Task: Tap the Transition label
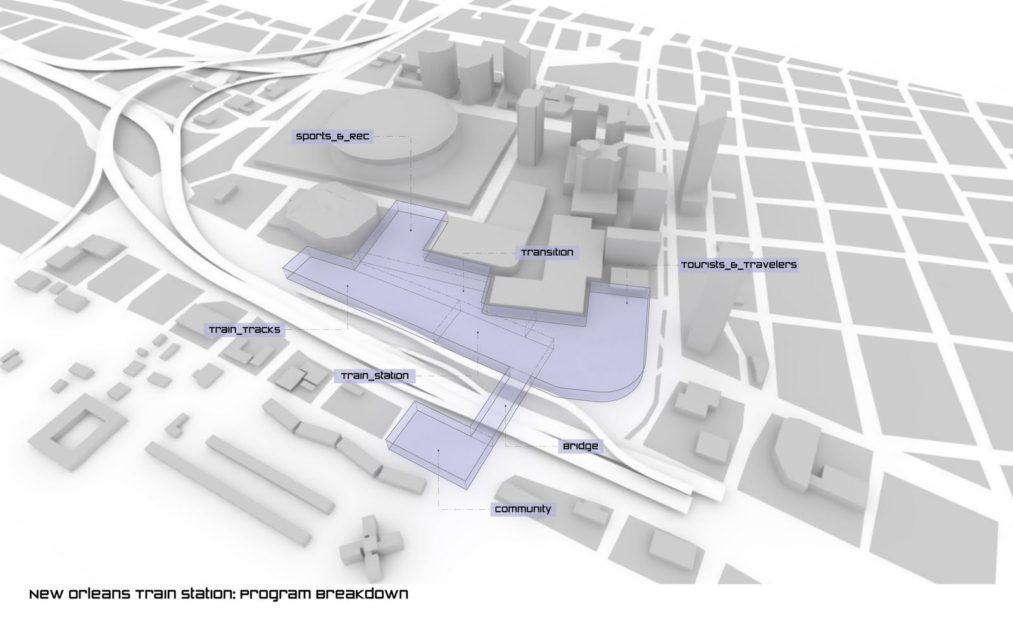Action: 546,253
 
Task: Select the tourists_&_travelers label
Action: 738,265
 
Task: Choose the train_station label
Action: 375,376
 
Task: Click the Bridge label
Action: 580,446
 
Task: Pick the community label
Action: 522,509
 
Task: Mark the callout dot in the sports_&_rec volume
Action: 411,230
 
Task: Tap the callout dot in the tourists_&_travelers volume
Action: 627,304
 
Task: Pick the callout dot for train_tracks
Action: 348,287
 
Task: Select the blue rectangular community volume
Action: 437,443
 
